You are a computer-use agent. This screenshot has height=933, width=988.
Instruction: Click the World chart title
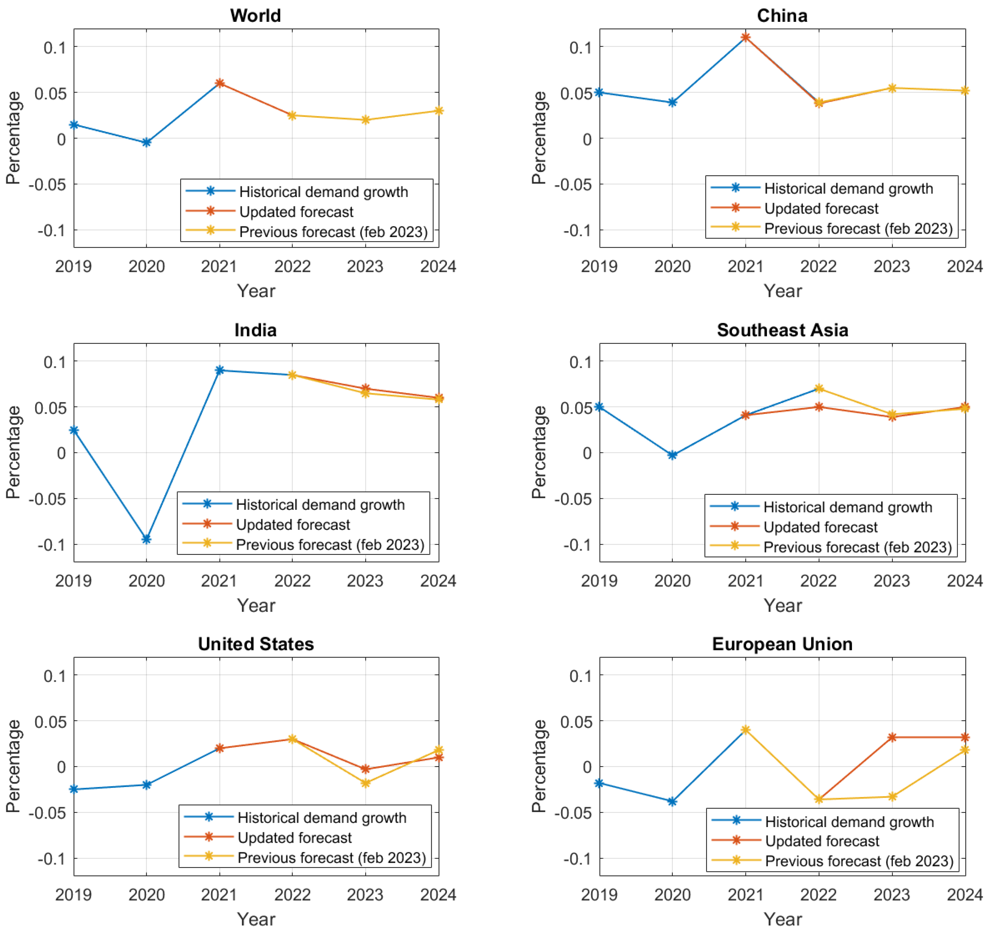(x=255, y=16)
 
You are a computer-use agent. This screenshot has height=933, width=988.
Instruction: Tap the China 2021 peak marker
(x=746, y=37)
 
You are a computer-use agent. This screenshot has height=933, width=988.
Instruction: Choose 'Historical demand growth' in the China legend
(x=848, y=188)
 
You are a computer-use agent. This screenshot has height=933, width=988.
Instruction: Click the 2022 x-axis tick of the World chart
(x=292, y=267)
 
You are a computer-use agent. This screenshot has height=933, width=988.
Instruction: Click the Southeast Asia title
(x=782, y=330)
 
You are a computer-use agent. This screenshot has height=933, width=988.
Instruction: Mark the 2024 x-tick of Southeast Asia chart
(x=965, y=581)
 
